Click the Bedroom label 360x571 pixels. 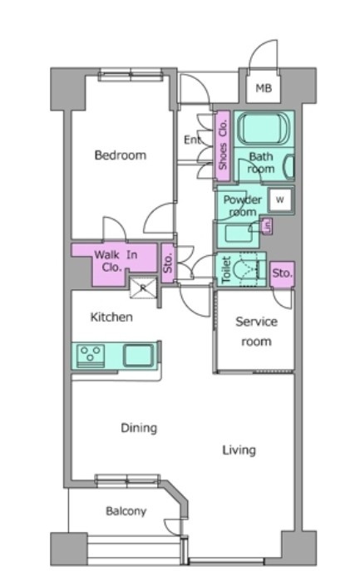point(121,155)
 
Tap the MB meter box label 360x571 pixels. point(264,88)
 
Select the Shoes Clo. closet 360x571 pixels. point(222,145)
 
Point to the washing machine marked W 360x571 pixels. point(280,199)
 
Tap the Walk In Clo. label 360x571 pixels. point(116,261)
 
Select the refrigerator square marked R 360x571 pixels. point(143,288)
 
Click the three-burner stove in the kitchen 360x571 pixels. point(91,355)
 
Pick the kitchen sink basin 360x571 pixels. point(138,355)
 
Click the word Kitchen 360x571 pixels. point(111,317)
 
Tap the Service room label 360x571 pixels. point(256,332)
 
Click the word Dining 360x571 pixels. point(139,428)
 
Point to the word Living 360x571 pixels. point(239,450)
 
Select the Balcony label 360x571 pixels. point(126,511)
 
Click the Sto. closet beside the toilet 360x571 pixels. point(282,273)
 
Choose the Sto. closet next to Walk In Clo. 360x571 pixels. point(168,263)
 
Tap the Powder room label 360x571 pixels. point(242,205)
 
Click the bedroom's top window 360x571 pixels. point(131,75)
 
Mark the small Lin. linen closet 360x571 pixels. point(267,227)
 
